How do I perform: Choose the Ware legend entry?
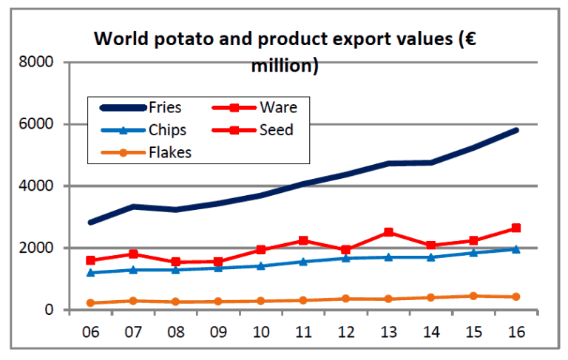coord(278,108)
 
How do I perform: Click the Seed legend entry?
coord(276,130)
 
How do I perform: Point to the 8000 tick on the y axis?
coord(39,62)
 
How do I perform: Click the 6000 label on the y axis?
coord(39,124)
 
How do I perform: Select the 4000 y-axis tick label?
coord(39,186)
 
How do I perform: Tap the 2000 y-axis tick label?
coord(39,248)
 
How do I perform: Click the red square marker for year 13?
coord(388,232)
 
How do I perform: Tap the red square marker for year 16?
coord(515,228)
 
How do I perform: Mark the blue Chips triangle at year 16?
coord(515,249)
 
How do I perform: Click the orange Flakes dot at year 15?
coord(473,296)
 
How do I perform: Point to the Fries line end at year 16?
coord(515,130)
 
